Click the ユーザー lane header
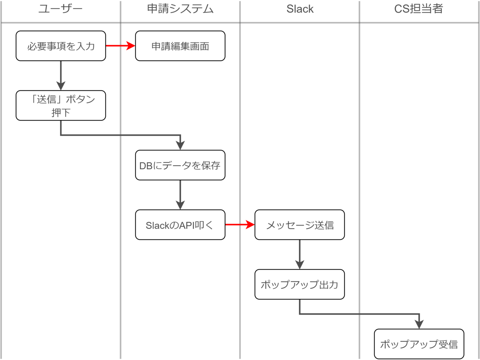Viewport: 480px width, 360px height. click(x=60, y=9)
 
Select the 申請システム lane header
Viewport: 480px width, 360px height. click(x=180, y=9)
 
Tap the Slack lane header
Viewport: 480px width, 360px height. click(x=300, y=9)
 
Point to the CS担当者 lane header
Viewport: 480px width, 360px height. click(x=418, y=9)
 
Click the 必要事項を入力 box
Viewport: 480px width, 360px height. click(x=61, y=46)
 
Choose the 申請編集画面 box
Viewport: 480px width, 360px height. click(x=180, y=46)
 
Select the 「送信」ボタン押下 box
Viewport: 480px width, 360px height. click(x=61, y=106)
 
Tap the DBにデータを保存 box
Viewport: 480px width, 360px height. click(x=180, y=165)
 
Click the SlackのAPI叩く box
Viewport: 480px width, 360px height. click(x=180, y=225)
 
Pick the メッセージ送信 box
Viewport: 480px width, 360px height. click(x=300, y=225)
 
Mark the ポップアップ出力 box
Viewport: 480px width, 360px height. click(x=300, y=284)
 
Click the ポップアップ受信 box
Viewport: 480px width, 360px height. click(x=419, y=344)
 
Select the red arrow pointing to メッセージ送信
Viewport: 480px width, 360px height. click(x=240, y=225)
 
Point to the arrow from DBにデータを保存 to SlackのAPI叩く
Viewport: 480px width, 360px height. click(x=180, y=194)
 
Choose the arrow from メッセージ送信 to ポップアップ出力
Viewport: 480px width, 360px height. click(x=300, y=254)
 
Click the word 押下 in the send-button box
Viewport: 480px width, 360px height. click(x=61, y=112)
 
